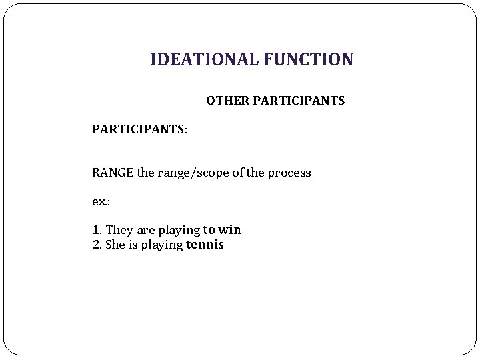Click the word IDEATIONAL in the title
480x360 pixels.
click(x=203, y=60)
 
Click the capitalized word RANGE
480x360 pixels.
click(x=113, y=173)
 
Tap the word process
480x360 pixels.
click(x=289, y=173)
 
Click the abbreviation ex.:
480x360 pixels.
click(x=100, y=201)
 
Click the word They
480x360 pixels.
click(x=119, y=230)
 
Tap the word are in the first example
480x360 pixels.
click(x=145, y=230)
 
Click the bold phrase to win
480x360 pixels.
click(x=222, y=230)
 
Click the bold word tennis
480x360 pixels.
click(x=205, y=245)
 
